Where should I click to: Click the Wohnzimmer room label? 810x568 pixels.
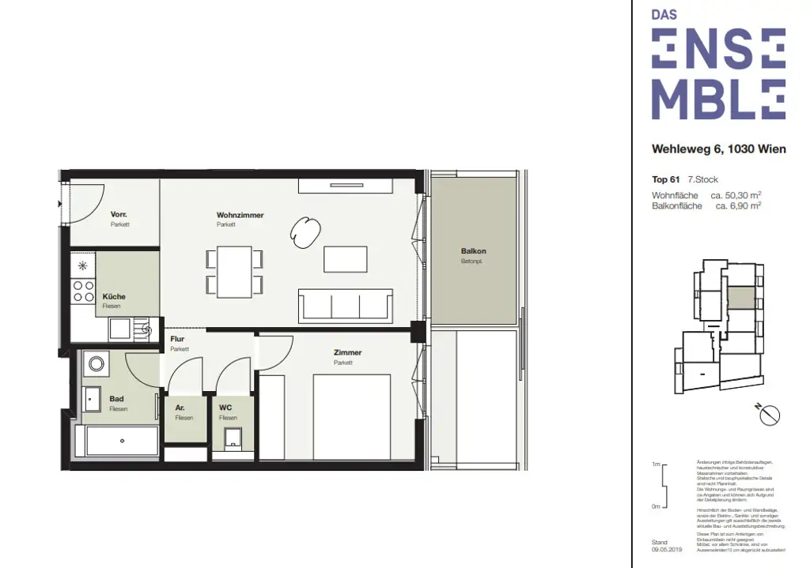point(240,215)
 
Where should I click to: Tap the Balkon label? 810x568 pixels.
point(473,251)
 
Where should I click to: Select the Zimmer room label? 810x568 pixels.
point(347,352)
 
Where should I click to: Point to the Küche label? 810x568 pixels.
point(114,296)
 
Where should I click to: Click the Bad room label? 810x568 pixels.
point(116,399)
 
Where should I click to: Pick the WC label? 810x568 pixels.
point(225,408)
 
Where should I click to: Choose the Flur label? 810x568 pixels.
point(177,339)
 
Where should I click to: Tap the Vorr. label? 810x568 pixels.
point(119,215)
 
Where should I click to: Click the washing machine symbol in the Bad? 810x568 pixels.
point(97,364)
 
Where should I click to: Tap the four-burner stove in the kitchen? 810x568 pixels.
point(82,291)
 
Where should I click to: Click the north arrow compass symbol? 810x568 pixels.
point(768,414)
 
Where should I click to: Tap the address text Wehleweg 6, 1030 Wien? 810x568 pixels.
point(718,149)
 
